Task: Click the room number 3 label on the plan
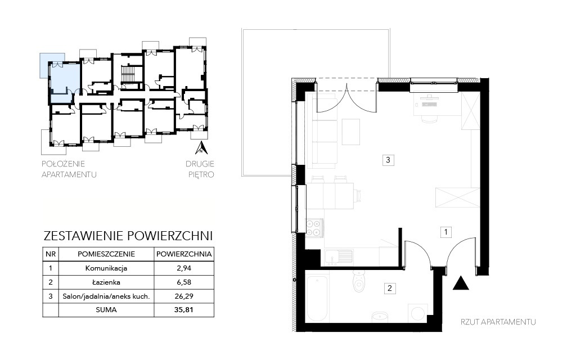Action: click(388, 160)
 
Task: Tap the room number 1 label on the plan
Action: click(446, 232)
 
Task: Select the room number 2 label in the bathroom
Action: click(390, 289)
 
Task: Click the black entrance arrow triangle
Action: click(461, 283)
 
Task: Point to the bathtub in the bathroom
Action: click(317, 299)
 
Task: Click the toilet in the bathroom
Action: click(357, 282)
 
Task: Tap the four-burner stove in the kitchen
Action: click(314, 227)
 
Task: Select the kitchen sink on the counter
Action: click(338, 256)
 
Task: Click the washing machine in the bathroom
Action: click(418, 313)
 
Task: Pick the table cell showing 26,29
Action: click(184, 296)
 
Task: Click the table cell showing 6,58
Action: click(184, 282)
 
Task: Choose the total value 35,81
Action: click(184, 310)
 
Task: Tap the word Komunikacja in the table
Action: click(106, 268)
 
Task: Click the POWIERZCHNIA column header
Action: click(184, 254)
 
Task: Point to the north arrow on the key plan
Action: click(201, 147)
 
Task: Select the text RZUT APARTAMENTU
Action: click(498, 322)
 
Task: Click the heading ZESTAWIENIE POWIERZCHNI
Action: click(128, 236)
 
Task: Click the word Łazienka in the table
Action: click(106, 282)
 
